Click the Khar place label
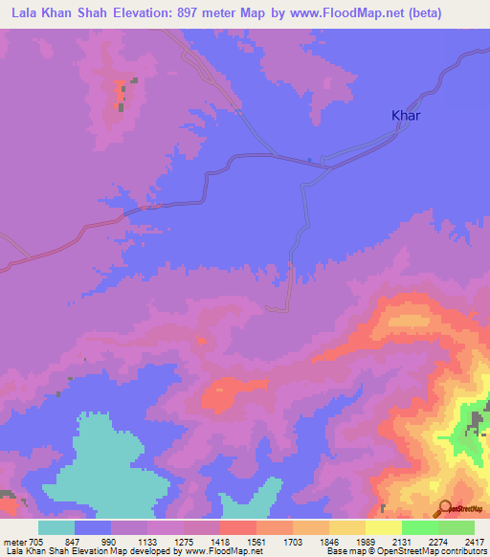click(406, 116)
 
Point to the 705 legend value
click(35, 540)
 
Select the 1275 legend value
click(184, 540)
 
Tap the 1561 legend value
click(256, 540)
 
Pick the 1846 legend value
click(329, 540)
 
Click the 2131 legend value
click(402, 540)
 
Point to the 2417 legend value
click(474, 540)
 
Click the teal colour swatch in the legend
click(56, 527)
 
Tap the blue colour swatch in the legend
click(93, 527)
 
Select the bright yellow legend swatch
click(384, 527)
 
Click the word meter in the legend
click(13, 540)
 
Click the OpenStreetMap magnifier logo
click(445, 507)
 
